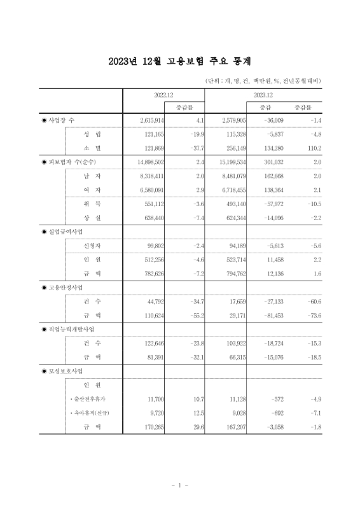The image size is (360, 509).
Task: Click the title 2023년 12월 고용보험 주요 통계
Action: coord(180,61)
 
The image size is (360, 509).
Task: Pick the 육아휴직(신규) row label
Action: coord(93,413)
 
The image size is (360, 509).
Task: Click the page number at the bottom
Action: coord(180,485)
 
